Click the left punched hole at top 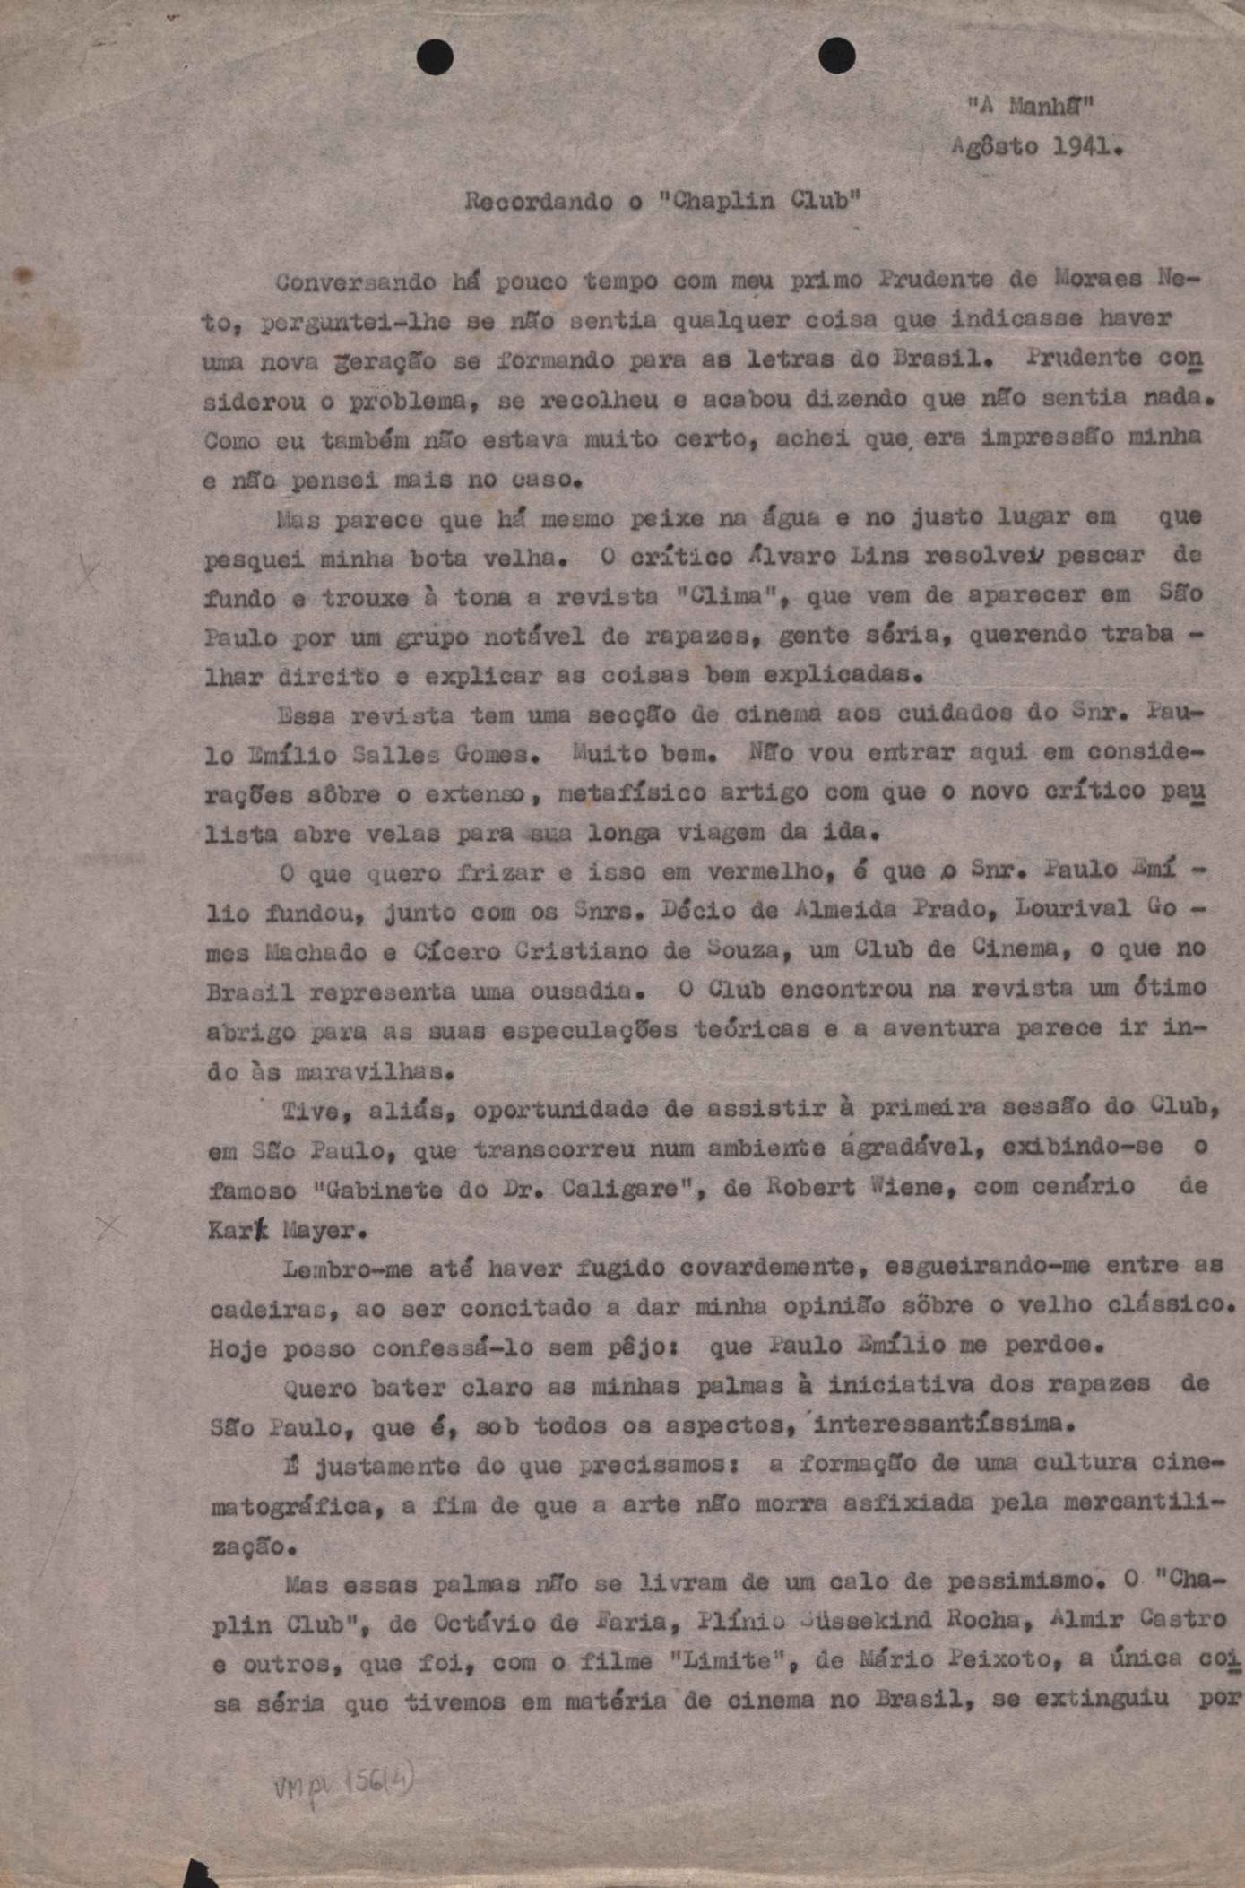click(435, 58)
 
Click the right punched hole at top click(836, 56)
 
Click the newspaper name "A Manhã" click(1030, 106)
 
